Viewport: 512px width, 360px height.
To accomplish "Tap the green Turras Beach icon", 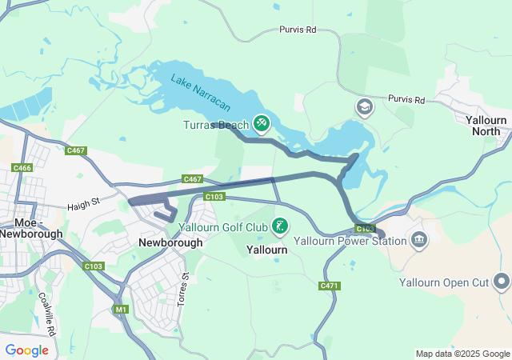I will tap(261, 124).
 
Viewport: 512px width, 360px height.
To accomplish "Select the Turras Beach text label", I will tap(216, 125).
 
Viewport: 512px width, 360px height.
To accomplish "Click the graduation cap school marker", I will tap(364, 106).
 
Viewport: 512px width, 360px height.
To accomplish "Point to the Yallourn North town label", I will tap(486, 126).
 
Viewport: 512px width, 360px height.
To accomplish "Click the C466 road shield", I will tap(22, 167).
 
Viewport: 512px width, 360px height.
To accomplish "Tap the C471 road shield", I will tap(329, 286).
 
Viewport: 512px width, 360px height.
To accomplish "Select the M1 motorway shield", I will tap(121, 309).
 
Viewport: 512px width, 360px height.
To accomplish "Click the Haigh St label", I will tap(82, 204).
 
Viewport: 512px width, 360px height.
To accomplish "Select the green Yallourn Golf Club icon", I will tap(279, 226).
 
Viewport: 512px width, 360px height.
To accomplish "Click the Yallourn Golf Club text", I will tap(222, 227).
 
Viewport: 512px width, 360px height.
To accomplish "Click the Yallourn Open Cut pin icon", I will tap(502, 281).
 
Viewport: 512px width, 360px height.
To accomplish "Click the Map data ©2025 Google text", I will tap(462, 354).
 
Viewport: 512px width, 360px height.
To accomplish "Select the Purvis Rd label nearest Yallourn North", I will tap(406, 99).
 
